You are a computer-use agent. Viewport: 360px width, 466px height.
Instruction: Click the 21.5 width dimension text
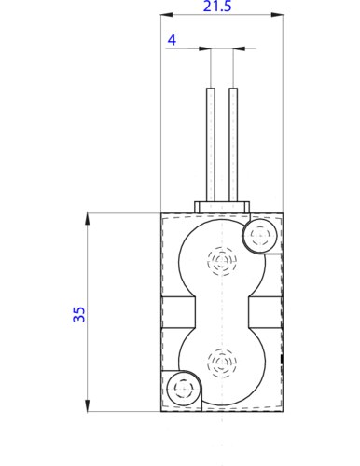point(222,7)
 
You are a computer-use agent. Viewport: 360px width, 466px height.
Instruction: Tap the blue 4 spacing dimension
point(171,40)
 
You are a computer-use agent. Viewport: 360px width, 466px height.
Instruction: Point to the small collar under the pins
point(222,206)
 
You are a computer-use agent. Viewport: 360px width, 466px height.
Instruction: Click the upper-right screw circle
point(259,237)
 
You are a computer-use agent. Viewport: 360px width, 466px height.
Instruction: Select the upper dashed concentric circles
point(222,259)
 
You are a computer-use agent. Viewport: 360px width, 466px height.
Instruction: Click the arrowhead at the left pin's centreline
point(206,50)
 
